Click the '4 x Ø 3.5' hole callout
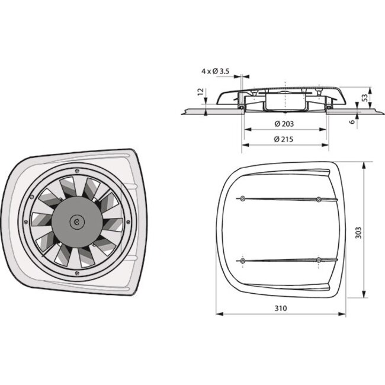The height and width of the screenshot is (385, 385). (x=215, y=72)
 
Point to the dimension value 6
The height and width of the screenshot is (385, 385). (x=352, y=121)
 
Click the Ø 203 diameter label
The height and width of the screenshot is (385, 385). (x=285, y=124)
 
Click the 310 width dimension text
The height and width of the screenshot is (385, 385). (x=282, y=309)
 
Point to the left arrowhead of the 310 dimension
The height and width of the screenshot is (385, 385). (x=219, y=314)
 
